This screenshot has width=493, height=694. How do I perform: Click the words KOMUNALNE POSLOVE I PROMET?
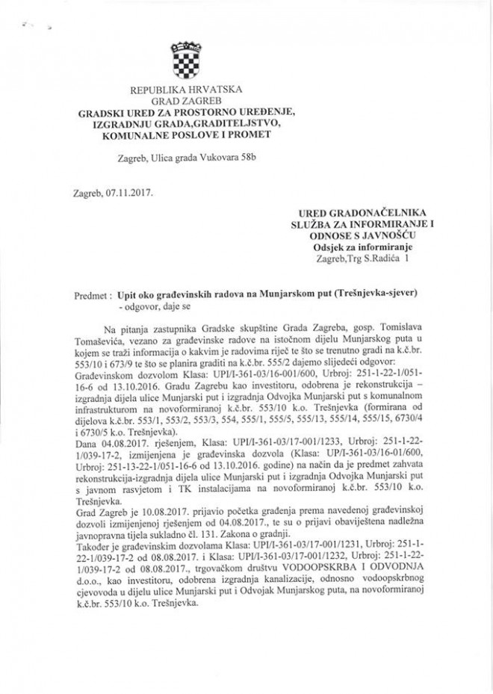[x=185, y=135]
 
